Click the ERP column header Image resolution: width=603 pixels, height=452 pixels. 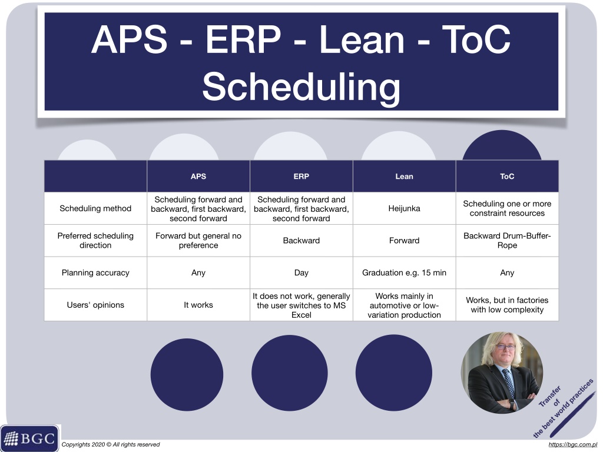pos(301,177)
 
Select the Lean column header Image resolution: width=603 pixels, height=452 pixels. pos(404,177)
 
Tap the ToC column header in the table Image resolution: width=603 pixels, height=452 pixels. pos(507,177)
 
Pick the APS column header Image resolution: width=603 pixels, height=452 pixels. pos(198,177)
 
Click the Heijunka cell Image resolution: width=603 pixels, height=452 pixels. pos(404,208)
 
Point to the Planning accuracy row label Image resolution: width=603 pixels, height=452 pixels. pos(95,272)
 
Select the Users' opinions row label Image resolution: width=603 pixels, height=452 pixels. pos(95,305)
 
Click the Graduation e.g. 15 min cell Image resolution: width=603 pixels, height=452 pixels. pos(404,272)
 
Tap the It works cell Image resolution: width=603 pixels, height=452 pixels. pos(198,305)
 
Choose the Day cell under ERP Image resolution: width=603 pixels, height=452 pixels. pos(301,272)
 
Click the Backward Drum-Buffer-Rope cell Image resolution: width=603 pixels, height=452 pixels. pos(507,240)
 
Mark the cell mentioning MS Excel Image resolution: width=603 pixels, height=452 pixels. pos(301,305)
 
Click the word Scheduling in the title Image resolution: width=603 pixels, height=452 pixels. pos(301,87)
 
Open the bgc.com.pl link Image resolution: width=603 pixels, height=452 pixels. pos(572,445)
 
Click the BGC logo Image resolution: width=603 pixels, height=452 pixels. pos(30,438)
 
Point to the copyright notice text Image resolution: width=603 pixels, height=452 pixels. pos(110,445)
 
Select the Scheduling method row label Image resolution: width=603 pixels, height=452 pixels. pos(95,208)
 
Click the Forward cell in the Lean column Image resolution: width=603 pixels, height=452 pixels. pos(404,240)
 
